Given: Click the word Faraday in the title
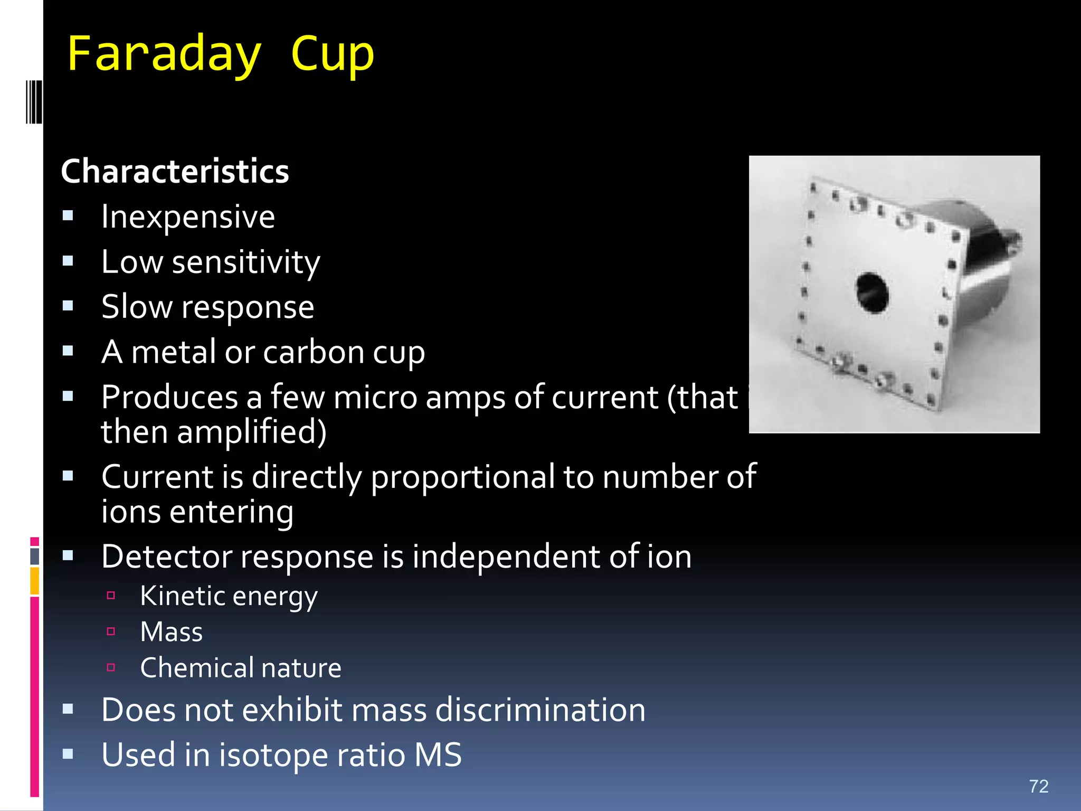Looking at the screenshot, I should pos(164,54).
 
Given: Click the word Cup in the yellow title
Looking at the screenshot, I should pos(332,54).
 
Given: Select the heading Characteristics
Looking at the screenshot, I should pos(175,172).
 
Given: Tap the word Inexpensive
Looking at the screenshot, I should pos(188,216).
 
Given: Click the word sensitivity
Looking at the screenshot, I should pos(246,262).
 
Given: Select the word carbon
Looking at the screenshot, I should pos(314,352).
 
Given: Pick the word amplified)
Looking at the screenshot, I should pos(251,432).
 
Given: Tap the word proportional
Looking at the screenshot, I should pos(462,477).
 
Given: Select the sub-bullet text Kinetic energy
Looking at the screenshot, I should pos(229,597).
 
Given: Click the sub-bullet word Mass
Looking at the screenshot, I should pos(172,632).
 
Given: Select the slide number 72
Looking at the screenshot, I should pos(1038,786).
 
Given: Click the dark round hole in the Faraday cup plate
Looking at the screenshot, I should pos(873,293).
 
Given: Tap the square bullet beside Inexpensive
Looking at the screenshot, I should pos(68,215).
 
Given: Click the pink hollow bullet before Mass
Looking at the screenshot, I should pos(111,631).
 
